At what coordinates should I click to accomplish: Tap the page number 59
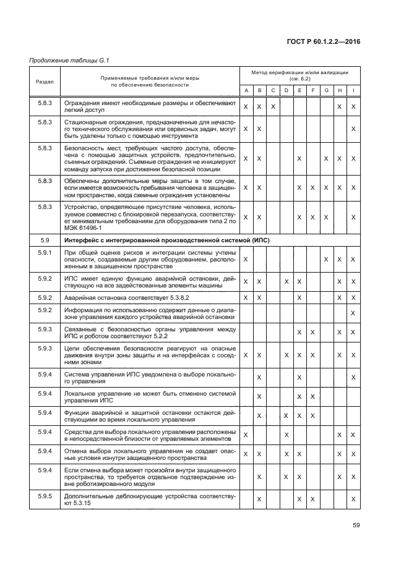point(356,525)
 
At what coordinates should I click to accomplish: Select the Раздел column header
point(45,82)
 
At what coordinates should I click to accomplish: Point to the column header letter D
point(286,91)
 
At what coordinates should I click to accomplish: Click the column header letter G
point(326,91)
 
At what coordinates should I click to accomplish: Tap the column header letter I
point(353,91)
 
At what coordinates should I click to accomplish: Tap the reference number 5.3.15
point(82,503)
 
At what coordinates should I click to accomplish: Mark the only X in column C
point(272,107)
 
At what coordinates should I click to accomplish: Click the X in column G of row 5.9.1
point(326,258)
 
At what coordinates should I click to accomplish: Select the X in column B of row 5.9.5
point(259,499)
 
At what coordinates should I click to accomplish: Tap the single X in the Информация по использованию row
point(353,313)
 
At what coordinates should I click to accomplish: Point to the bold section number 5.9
point(45,240)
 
